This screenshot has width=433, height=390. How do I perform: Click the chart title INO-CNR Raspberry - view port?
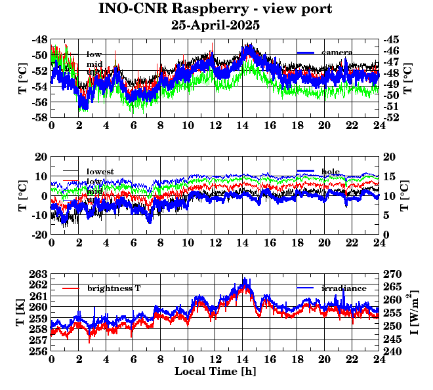pos(215,9)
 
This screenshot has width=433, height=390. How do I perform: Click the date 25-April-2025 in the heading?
pos(215,26)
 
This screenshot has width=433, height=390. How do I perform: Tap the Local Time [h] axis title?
pos(215,371)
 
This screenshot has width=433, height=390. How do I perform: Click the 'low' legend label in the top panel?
pos(94,54)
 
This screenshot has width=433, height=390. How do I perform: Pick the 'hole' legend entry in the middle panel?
pos(331,171)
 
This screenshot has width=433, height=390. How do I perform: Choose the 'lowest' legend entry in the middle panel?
pos(100,172)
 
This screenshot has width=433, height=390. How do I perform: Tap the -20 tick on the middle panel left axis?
pos(38,235)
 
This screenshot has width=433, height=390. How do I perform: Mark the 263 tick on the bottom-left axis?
pos(38,274)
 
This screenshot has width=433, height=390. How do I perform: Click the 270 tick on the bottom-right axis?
pos(392,274)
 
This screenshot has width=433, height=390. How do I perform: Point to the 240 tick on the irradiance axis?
pos(392,351)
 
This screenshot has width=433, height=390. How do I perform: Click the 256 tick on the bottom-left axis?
pos(38,351)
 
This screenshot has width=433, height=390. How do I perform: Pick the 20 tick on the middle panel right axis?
pos(389,157)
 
